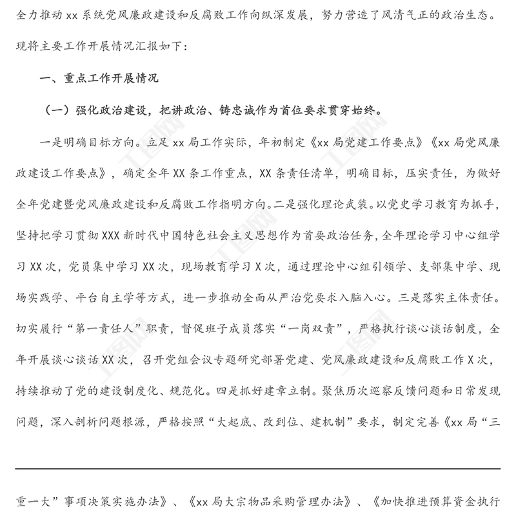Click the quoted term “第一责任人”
pyautogui.click(x=132, y=331)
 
